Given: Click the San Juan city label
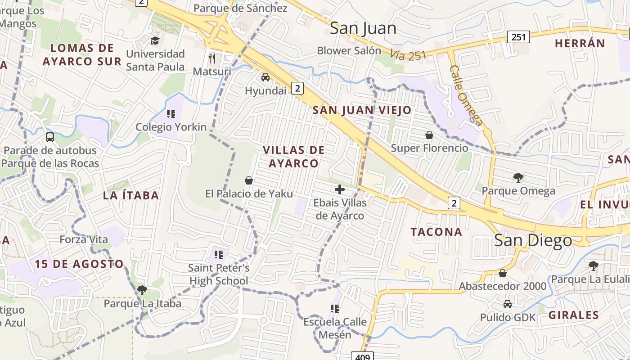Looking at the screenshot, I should click(x=363, y=28).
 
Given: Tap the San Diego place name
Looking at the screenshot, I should click(x=533, y=240).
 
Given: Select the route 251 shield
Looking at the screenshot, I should click(x=518, y=37).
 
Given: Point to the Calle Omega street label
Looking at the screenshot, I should click(x=466, y=96).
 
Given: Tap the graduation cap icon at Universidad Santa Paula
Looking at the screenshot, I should click(x=155, y=41).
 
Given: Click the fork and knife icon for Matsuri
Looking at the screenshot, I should click(x=212, y=58).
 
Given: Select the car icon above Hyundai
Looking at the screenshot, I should click(x=265, y=77).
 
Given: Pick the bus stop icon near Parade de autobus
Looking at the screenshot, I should click(x=50, y=137).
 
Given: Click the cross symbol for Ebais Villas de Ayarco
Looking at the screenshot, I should click(x=340, y=189).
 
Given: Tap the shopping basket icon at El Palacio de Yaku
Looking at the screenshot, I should click(x=249, y=181).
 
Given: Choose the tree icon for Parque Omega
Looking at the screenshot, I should click(x=518, y=178).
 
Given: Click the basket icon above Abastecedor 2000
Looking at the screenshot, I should click(x=503, y=273).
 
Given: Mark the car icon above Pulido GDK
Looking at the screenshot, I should click(x=508, y=304).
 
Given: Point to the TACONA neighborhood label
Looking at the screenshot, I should click(x=436, y=232).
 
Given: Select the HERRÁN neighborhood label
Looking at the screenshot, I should click(x=580, y=43).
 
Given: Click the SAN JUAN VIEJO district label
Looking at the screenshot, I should click(x=362, y=110).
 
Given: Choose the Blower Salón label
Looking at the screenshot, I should click(x=349, y=50).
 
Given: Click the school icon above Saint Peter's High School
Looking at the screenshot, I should click(x=219, y=255).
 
